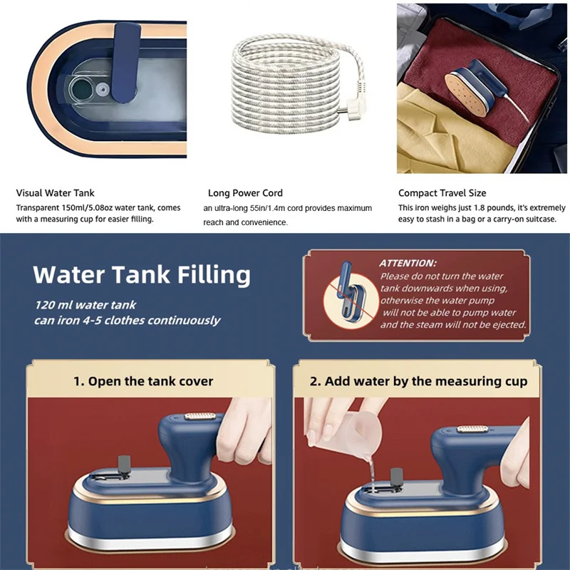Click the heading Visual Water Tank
click(55, 192)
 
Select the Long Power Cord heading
click(245, 193)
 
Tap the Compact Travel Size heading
click(442, 193)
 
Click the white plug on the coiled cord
click(348, 107)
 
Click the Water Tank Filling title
click(142, 274)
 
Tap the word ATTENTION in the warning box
click(408, 263)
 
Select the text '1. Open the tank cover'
click(143, 381)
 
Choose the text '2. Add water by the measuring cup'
click(418, 381)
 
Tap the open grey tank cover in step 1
click(124, 465)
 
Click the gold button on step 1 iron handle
click(200, 416)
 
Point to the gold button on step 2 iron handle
click(472, 429)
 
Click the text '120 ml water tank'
click(85, 305)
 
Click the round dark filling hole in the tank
click(82, 90)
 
